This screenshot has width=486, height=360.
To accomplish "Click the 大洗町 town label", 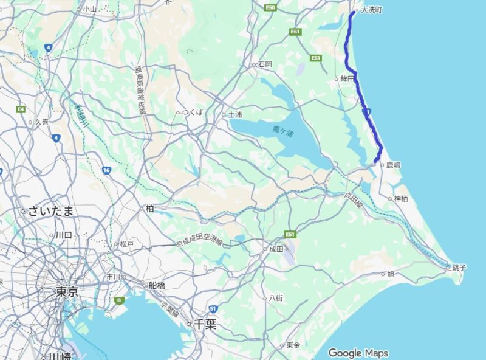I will pyautogui.click(x=372, y=10).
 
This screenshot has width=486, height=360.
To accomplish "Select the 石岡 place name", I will pyautogui.click(x=265, y=64).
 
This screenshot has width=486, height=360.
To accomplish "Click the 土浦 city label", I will pyautogui.click(x=234, y=114).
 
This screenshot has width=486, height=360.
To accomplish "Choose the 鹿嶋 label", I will pyautogui.click(x=393, y=165).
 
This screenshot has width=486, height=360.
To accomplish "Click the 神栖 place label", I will pyautogui.click(x=400, y=199).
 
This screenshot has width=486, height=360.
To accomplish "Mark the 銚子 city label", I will pyautogui.click(x=459, y=267).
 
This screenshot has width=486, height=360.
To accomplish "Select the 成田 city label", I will pyautogui.click(x=276, y=249).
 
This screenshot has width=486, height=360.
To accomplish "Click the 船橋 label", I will pyautogui.click(x=157, y=285).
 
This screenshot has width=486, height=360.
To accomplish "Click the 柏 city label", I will pyautogui.click(x=149, y=208).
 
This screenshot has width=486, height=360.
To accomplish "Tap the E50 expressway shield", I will pyautogui.click(x=270, y=7).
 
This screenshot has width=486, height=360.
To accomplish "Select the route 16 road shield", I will pyautogui.click(x=107, y=170).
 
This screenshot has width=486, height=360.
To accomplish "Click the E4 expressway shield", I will pyautogui.click(x=21, y=109).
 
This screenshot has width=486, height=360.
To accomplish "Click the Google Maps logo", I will pyautogui.click(x=358, y=353).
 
